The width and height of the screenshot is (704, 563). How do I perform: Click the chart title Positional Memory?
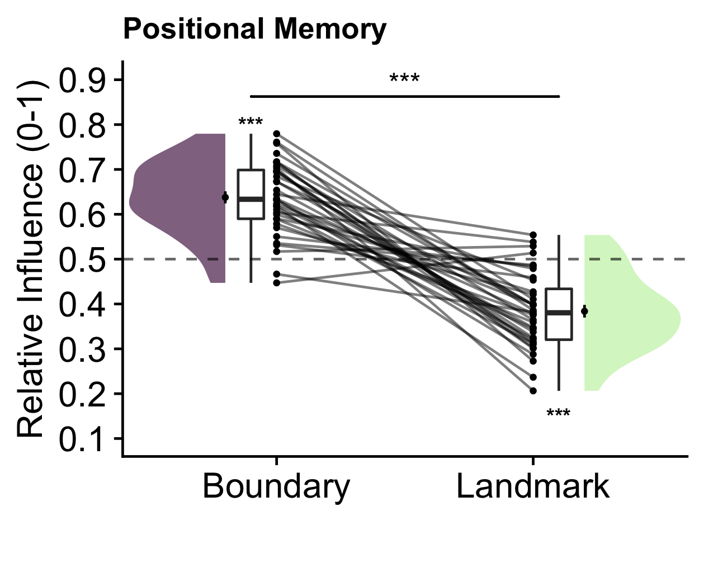click(x=254, y=29)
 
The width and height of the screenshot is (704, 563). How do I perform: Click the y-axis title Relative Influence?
click(x=31, y=258)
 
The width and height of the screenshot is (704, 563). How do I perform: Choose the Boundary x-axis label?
click(x=276, y=486)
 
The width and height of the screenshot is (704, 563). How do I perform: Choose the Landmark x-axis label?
click(x=532, y=486)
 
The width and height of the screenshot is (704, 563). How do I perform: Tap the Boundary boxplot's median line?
click(x=251, y=198)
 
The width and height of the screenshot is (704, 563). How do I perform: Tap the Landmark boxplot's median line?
click(x=559, y=313)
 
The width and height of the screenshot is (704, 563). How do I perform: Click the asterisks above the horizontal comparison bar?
click(x=404, y=79)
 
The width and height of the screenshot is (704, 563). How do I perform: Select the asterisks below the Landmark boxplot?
click(x=558, y=415)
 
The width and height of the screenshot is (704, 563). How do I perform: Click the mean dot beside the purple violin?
click(x=225, y=197)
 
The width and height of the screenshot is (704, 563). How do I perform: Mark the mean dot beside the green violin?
click(x=584, y=311)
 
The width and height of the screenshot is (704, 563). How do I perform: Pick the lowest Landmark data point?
click(x=533, y=391)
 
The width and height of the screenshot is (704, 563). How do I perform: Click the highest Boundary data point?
click(x=276, y=134)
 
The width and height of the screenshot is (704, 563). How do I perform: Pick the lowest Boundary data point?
click(x=276, y=283)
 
